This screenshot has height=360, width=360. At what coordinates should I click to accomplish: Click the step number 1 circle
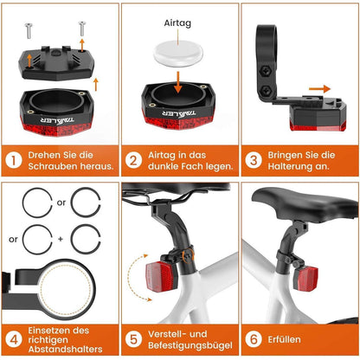point(14,160)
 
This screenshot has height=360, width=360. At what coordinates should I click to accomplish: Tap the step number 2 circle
point(133,160)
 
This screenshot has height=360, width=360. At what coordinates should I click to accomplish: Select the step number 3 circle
point(254,160)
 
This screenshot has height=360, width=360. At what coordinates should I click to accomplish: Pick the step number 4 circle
point(14,339)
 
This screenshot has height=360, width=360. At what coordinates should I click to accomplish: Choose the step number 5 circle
point(133,339)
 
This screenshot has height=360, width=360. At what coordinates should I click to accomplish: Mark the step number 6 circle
point(254,339)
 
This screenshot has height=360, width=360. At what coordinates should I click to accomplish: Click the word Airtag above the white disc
point(177,23)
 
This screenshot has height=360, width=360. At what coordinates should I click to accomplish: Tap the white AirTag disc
point(178,53)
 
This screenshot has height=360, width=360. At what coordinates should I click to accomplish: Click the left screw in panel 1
point(29,31)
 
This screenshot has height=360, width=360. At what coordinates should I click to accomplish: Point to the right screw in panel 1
point(81,29)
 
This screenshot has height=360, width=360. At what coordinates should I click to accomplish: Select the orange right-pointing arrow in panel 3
point(319,89)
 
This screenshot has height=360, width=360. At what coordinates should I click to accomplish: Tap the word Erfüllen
point(284,339)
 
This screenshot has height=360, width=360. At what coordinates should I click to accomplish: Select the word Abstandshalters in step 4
point(65,349)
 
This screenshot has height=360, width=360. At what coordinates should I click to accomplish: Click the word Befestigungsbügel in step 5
point(190,345)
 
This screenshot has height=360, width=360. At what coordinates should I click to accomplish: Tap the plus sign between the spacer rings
point(61,239)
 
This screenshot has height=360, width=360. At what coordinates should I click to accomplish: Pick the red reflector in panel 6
point(306,278)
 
